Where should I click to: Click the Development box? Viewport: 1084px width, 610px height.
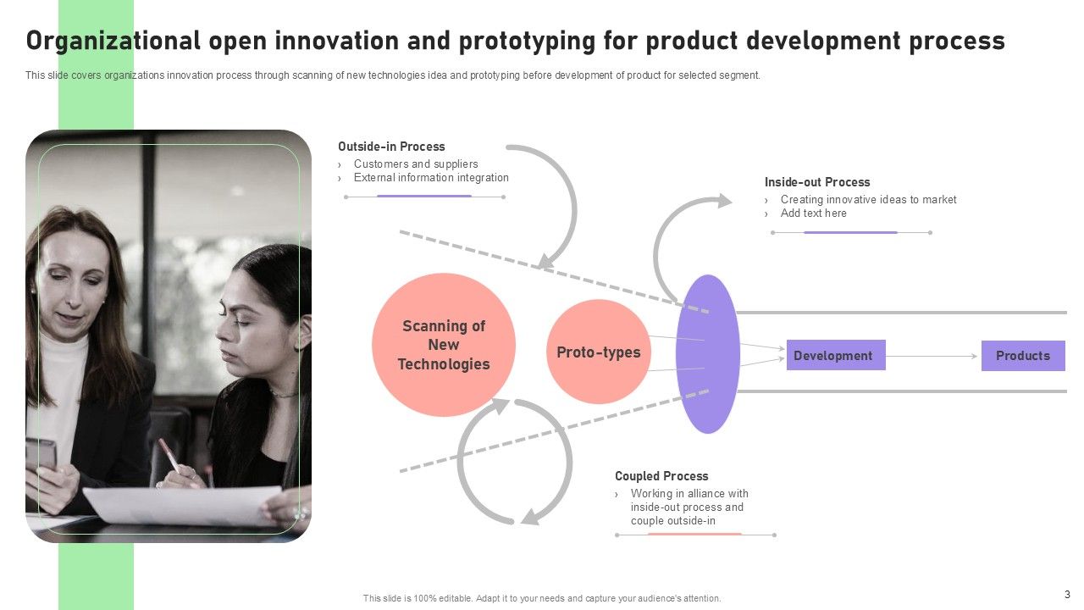pos(836,355)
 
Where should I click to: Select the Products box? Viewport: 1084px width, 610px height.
pos(1023,356)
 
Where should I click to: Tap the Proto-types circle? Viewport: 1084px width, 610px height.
pos(599,352)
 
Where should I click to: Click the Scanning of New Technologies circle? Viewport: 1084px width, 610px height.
pos(444,345)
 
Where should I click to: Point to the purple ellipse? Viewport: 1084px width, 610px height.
pos(707,354)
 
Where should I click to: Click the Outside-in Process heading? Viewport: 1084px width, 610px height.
pos(391,147)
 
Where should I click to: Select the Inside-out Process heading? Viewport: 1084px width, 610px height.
pos(817,182)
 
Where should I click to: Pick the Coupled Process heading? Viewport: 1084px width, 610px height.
pos(661,476)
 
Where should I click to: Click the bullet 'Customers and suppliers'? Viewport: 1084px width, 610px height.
pos(416,164)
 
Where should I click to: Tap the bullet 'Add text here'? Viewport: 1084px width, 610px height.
pos(814,213)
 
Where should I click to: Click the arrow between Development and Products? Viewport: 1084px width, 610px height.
pos(932,357)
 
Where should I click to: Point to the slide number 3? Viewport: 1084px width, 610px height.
pos(1067,595)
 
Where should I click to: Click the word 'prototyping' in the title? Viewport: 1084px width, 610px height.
pos(527,42)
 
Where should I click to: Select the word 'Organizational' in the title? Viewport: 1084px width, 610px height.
pos(113,41)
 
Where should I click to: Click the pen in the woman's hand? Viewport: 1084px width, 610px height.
pos(169,456)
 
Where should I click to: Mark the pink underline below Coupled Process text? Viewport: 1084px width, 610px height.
pos(694,535)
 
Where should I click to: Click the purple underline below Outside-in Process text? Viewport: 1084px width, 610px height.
pos(424,196)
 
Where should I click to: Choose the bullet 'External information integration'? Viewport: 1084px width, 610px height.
pos(431,178)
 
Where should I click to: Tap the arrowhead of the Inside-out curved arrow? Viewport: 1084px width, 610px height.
pos(724,201)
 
